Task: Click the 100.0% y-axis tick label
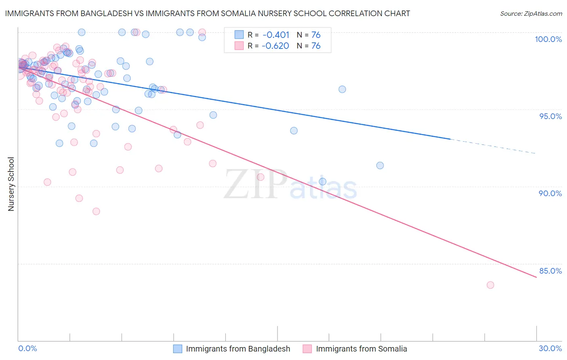click(x=548, y=39)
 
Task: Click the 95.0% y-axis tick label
click(x=550, y=116)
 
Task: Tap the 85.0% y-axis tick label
click(x=550, y=271)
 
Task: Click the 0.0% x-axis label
click(x=27, y=348)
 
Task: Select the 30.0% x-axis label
click(x=550, y=348)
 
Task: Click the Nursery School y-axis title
click(x=11, y=184)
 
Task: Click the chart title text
click(x=207, y=13)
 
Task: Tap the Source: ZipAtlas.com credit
click(x=531, y=13)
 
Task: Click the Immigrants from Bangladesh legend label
click(x=238, y=349)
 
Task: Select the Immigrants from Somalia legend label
click(x=361, y=349)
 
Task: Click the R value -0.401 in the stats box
click(x=276, y=35)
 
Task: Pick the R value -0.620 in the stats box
click(x=275, y=46)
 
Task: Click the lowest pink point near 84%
click(x=490, y=285)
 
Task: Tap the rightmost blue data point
click(x=380, y=165)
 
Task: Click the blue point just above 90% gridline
click(x=323, y=182)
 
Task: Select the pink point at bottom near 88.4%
click(x=96, y=211)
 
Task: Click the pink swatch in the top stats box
click(x=239, y=46)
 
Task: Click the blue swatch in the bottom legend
click(x=178, y=349)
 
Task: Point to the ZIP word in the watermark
click(x=255, y=185)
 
